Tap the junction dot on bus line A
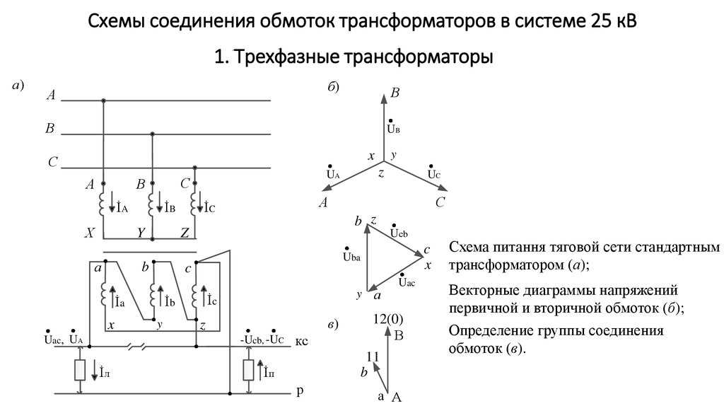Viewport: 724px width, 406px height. (103, 100)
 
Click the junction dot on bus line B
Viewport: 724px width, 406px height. (153, 134)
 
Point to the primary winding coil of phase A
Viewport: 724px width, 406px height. (102, 203)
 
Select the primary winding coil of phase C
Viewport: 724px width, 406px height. (194, 203)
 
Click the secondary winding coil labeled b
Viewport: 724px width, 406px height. (153, 296)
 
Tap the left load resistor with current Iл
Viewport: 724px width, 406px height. (80, 370)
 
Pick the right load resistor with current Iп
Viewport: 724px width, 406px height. (248, 370)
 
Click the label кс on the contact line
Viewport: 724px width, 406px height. (301, 342)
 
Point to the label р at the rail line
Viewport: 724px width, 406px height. (300, 392)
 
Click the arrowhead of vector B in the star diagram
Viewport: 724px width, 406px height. (384, 98)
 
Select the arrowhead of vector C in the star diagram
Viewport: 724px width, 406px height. (443, 187)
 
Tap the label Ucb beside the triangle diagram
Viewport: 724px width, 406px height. (399, 231)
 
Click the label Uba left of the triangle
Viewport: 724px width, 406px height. (351, 255)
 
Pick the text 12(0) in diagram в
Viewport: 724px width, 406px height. (388, 319)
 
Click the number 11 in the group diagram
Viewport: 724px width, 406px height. (373, 356)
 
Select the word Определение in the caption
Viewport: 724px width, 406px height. (497, 331)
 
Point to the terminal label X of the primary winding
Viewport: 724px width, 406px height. (90, 233)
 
